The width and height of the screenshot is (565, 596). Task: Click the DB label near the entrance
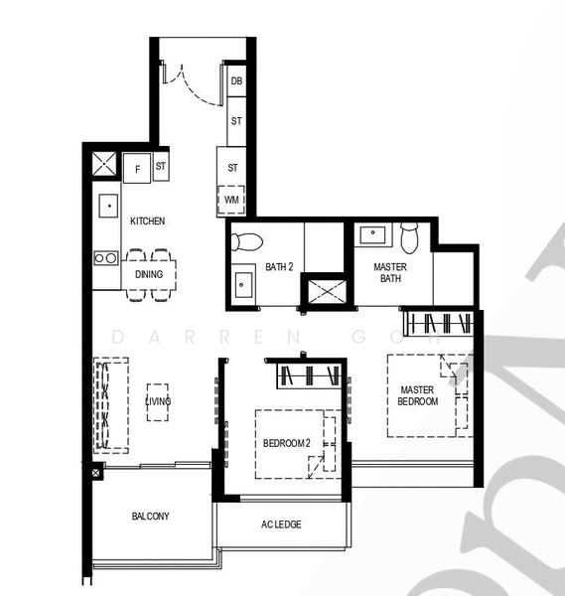(236, 81)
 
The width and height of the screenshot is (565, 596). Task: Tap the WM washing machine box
(231, 200)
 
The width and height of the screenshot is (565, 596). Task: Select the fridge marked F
(137, 168)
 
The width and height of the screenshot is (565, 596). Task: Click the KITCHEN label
(147, 221)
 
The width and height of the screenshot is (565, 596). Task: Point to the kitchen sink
(108, 206)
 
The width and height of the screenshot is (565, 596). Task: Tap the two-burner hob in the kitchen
(106, 258)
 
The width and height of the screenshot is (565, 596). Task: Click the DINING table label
(149, 274)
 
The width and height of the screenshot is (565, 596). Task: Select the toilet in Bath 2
(246, 241)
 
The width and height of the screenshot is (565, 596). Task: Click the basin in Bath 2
(242, 284)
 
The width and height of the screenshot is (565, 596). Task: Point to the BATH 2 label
(279, 267)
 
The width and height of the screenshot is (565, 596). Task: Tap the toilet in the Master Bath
(409, 238)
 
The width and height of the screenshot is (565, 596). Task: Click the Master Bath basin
(372, 233)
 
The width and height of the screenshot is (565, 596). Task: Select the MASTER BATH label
(390, 272)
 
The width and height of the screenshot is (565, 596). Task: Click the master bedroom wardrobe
(439, 324)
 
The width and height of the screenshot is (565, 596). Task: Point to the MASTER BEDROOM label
(418, 395)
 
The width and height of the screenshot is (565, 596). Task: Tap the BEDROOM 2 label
(287, 443)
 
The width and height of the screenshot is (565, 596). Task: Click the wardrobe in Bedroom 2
(309, 375)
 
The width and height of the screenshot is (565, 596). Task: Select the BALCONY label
(151, 516)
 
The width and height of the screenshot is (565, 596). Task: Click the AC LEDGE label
(281, 524)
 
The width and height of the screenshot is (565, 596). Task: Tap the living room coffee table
(158, 402)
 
